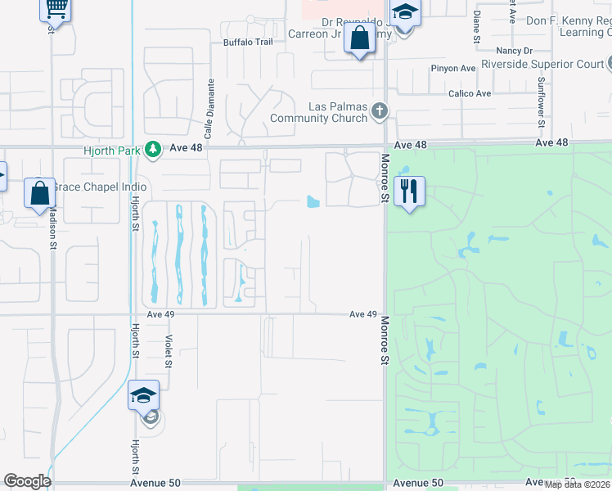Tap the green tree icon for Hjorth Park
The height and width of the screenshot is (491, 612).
point(151,149)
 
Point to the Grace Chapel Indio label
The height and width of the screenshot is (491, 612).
point(90,187)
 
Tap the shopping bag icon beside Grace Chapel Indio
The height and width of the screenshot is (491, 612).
point(39,194)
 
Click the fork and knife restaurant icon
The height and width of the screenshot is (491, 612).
point(409,191)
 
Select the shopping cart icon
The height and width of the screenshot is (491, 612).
point(56,9)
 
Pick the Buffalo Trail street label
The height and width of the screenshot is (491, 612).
point(248,42)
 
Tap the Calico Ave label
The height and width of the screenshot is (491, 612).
point(470,93)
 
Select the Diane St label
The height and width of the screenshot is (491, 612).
point(476,27)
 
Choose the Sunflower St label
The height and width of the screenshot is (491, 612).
point(541,103)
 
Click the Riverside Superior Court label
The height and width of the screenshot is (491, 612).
point(542,63)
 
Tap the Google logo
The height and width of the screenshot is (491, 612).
point(27,481)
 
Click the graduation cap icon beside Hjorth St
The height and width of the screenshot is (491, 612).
point(143,395)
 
